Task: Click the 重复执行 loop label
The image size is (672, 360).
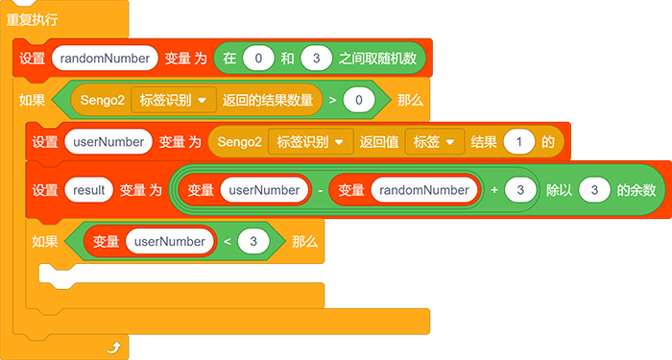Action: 32,19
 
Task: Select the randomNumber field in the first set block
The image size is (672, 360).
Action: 105,59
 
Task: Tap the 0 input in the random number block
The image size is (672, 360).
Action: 258,59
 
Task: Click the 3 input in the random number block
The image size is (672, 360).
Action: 316,59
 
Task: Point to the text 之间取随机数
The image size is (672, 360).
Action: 377,59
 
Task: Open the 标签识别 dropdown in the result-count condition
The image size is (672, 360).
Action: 174,100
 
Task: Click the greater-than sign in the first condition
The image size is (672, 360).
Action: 332,100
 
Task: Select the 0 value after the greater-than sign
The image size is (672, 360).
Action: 359,100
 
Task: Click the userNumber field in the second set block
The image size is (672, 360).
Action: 108,142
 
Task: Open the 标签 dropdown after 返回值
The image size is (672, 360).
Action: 435,142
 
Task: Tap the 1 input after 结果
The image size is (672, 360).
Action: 519,142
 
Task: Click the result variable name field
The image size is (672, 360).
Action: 88,190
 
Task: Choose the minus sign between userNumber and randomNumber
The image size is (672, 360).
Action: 320,190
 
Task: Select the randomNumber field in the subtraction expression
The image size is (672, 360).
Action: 424,190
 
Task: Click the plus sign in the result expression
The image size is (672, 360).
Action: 494,190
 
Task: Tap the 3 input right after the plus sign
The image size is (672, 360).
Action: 520,190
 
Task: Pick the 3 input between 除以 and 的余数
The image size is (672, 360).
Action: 594,190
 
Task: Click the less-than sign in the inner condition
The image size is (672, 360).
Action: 228,242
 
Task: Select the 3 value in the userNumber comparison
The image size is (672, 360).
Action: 253,241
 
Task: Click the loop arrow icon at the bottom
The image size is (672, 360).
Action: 114,348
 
